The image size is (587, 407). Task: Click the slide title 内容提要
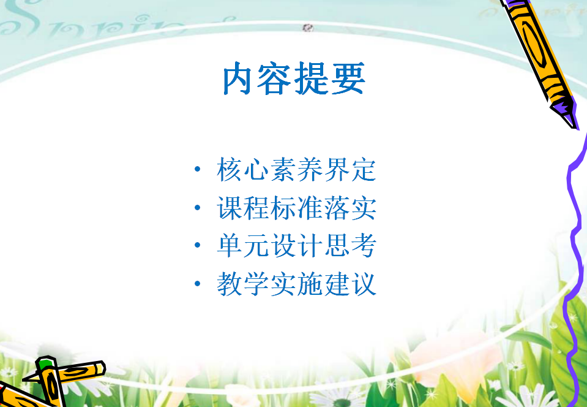pos(294,78)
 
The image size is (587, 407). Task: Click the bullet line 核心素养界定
pos(296,170)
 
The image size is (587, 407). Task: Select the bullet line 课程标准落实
pos(296,208)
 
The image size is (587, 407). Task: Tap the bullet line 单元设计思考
pos(296,245)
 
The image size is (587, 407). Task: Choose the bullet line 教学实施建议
pos(296,284)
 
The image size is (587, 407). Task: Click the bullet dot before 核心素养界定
pos(197,169)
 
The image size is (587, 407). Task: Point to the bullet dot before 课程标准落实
pos(197,207)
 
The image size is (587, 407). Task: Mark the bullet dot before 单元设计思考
pos(197,245)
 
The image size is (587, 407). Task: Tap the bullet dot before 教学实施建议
pos(197,283)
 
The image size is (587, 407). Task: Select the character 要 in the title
pos(348,78)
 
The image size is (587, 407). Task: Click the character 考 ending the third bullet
pos(364,245)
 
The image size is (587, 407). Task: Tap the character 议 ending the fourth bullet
pos(364,284)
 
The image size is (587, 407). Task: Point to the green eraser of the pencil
pos(46,363)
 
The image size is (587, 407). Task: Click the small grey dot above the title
pos(308,28)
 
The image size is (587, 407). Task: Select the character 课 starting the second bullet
pos(230,208)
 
